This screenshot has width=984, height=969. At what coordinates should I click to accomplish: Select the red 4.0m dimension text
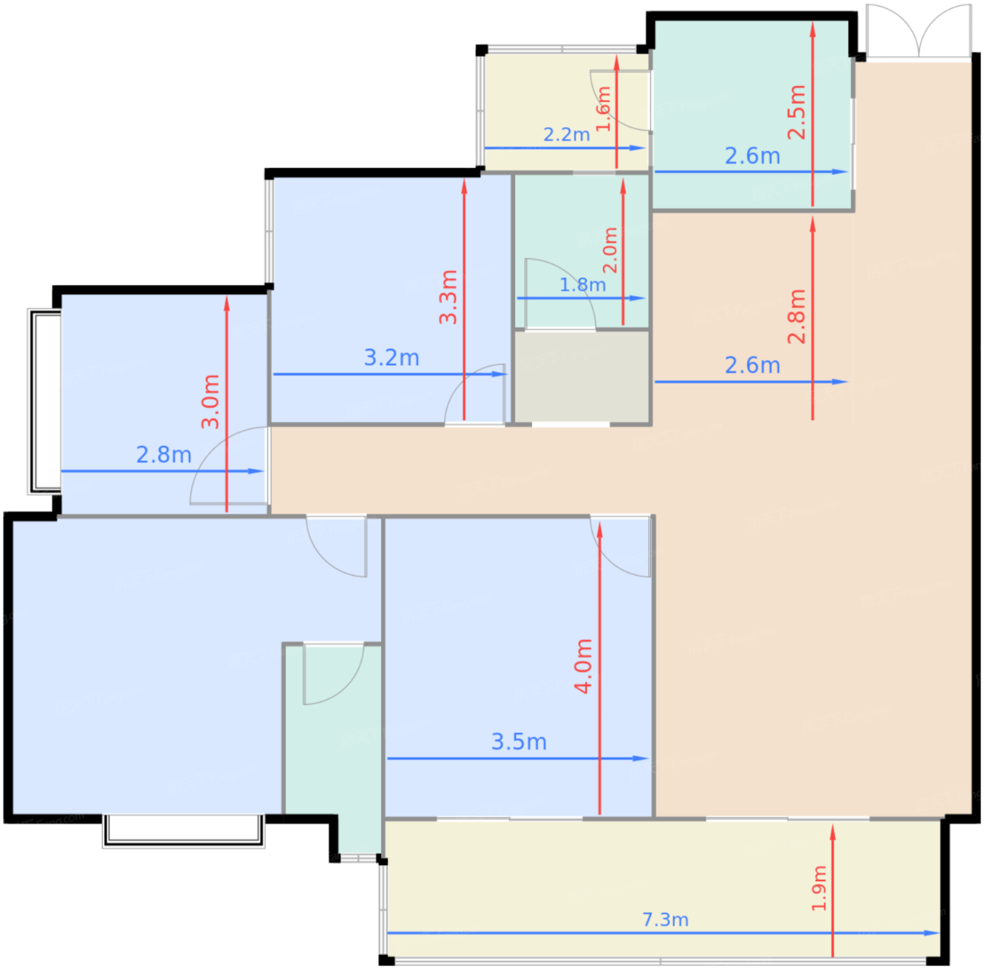[x=583, y=666]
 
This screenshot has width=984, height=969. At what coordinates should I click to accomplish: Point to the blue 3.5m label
[x=518, y=742]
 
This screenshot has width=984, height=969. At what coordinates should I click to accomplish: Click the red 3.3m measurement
[x=448, y=297]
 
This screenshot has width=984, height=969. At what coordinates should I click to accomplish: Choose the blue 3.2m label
[x=391, y=358]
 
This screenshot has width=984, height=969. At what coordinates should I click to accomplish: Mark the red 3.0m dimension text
[x=210, y=402]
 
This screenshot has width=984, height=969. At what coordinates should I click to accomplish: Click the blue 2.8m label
[x=163, y=455]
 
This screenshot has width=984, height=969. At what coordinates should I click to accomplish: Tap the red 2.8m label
[x=796, y=316]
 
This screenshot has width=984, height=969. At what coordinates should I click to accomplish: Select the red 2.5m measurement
[x=796, y=113]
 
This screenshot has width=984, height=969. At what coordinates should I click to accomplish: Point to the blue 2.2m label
[x=566, y=134]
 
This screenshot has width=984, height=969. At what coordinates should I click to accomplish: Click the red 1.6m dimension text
[x=604, y=108]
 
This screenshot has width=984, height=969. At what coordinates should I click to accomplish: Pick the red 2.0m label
[x=610, y=250]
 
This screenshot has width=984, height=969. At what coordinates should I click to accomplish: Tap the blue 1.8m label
[x=582, y=285]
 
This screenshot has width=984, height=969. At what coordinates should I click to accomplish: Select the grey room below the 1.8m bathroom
[x=581, y=377]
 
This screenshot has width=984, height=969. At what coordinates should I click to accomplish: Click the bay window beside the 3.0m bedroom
[x=44, y=402]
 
